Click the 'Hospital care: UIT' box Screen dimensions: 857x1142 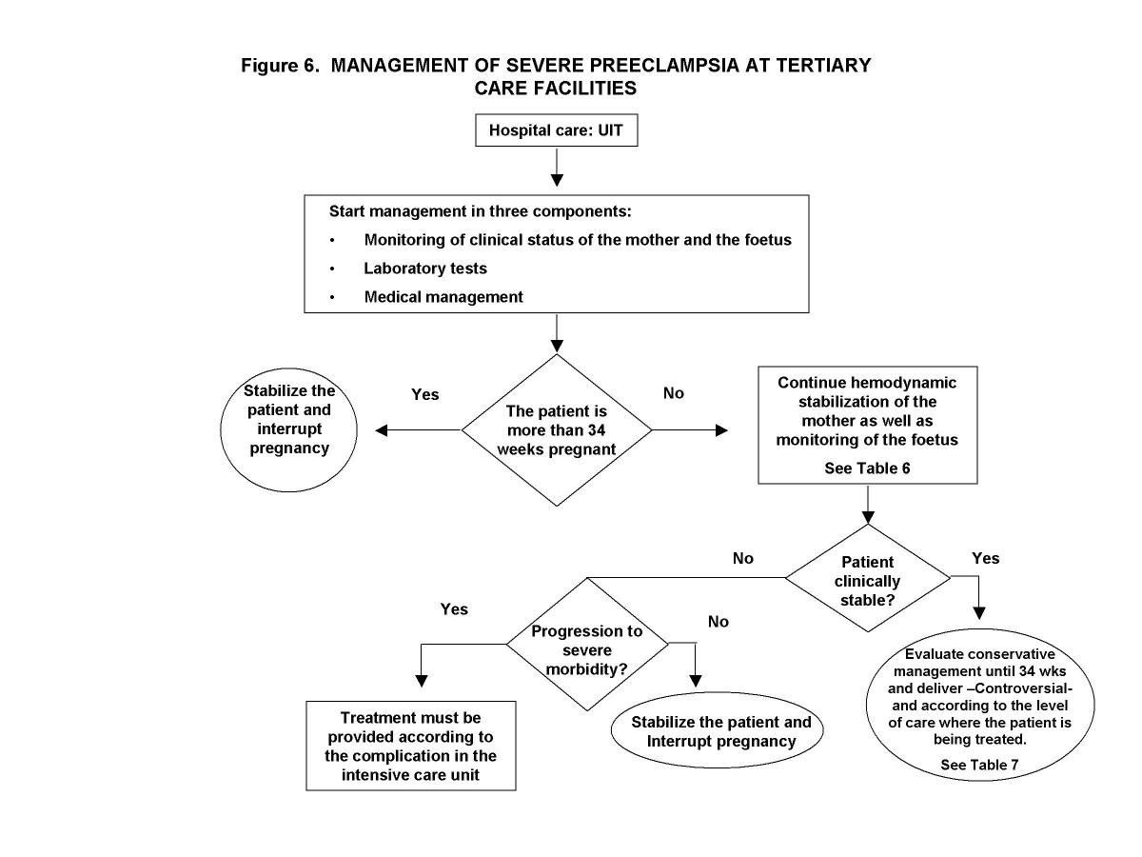[x=556, y=130]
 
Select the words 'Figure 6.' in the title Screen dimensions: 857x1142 [x=281, y=66]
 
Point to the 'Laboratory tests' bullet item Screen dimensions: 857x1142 [x=424, y=269]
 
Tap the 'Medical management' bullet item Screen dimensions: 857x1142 [x=443, y=297]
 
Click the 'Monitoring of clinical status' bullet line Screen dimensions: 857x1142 [x=577, y=240]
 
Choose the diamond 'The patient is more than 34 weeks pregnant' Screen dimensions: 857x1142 [x=557, y=430]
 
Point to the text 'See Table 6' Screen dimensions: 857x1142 [x=867, y=469]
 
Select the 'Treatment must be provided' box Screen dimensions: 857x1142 [x=411, y=746]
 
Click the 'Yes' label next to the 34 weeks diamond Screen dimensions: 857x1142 [x=424, y=394]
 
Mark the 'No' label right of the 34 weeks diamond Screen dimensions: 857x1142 [x=673, y=393]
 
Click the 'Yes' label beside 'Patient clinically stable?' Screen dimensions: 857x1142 [x=986, y=558]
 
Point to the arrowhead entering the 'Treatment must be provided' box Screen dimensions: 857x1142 [x=421, y=681]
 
